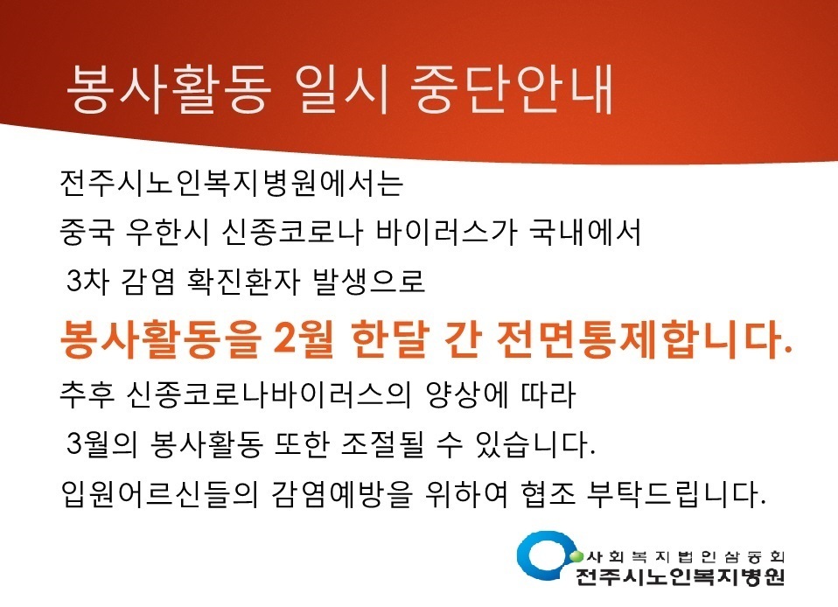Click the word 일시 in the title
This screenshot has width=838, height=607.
pos(343,90)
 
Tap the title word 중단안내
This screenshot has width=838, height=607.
pos(512,90)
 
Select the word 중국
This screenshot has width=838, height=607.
pos(87,233)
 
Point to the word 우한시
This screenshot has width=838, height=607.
pos(166,233)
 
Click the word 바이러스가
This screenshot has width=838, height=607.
pos(446,233)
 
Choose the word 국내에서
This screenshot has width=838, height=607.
pos(584,233)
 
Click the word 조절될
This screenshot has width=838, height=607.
pos(381,444)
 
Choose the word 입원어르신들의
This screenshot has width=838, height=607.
pos(160,494)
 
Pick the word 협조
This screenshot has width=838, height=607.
pos(548,494)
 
